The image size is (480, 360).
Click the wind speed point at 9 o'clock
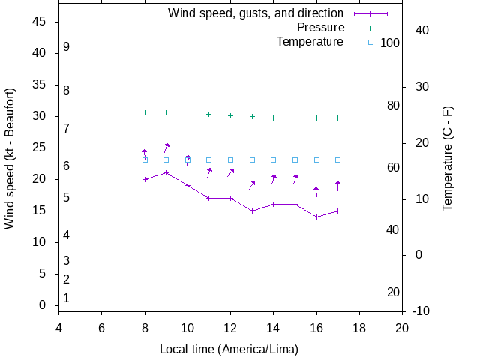pyautogui.click(x=166, y=172)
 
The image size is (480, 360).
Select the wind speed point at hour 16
pyautogui.click(x=317, y=217)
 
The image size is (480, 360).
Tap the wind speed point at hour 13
pyautogui.click(x=253, y=211)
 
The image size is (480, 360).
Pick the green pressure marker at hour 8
pyautogui.click(x=145, y=112)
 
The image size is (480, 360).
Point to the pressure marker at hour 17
pyautogui.click(x=338, y=118)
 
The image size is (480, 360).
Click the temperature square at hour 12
pyautogui.click(x=231, y=160)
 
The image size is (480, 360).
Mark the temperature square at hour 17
pyautogui.click(x=338, y=160)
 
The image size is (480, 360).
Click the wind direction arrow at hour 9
pyautogui.click(x=166, y=147)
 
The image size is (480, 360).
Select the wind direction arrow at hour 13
pyautogui.click(x=252, y=185)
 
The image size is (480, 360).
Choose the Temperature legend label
pyautogui.click(x=310, y=42)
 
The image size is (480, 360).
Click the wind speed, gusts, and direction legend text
pyautogui.click(x=256, y=13)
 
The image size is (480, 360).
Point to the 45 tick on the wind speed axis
pyautogui.click(x=40, y=22)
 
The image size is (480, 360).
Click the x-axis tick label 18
pyautogui.click(x=359, y=328)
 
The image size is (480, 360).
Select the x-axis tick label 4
pyautogui.click(x=58, y=328)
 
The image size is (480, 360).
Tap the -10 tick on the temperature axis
pyautogui.click(x=420, y=310)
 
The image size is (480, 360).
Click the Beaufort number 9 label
pyautogui.click(x=67, y=46)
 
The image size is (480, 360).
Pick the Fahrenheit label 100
pyautogui.click(x=390, y=43)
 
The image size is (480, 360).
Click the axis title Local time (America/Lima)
pyautogui.click(x=229, y=349)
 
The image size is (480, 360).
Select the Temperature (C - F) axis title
pyautogui.click(x=448, y=157)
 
